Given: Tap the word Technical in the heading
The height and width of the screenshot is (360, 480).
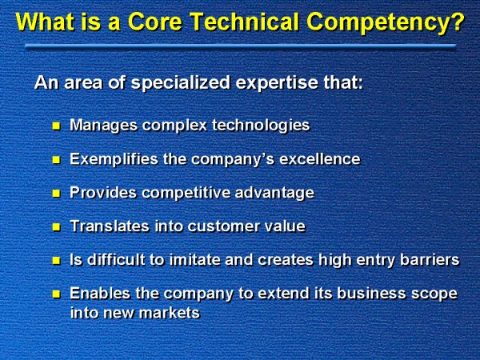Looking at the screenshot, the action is click(244, 22).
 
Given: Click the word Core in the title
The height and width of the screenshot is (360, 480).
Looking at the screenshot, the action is click(155, 22).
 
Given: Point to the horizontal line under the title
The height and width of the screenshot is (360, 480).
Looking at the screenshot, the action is click(241, 46).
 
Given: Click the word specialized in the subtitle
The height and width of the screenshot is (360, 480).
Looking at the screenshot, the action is click(181, 83).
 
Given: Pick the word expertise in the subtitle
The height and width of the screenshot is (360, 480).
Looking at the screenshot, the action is click(277, 83).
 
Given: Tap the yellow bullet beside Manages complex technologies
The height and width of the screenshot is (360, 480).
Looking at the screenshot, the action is click(56, 126).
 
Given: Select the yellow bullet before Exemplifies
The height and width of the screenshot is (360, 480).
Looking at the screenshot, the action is click(56, 160).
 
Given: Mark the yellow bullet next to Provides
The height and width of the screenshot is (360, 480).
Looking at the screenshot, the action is click(56, 194).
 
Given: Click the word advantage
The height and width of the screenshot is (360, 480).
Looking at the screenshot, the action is click(274, 193).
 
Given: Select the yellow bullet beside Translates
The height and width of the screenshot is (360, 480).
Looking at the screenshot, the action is click(56, 227).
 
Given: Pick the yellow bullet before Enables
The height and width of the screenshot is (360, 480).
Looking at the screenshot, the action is click(56, 294).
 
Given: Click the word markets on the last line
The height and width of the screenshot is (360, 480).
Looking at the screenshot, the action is click(170, 313).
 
